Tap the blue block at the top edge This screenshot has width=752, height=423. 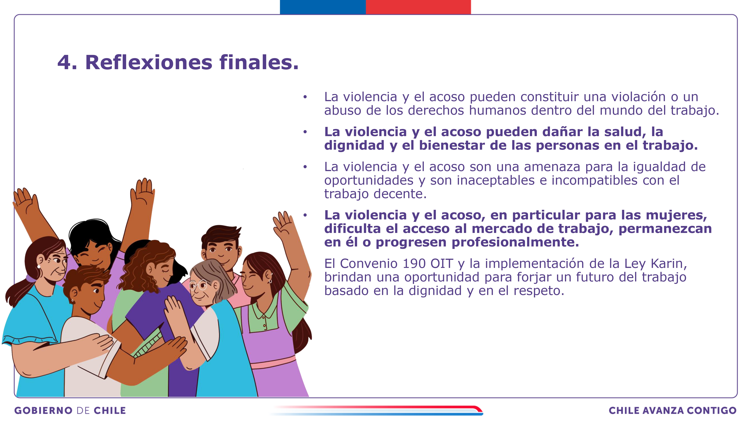coord(323,7)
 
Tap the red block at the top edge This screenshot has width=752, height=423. coord(418,7)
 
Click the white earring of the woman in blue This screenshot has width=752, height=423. coord(39,267)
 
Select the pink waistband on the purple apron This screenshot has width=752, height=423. coord(273,362)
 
